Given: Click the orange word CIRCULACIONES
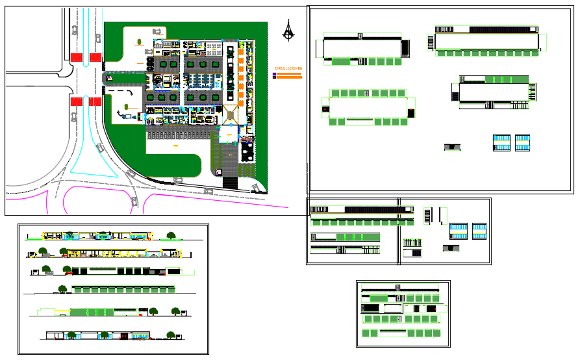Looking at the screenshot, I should point(288,68).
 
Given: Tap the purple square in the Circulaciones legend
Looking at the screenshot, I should point(275,74).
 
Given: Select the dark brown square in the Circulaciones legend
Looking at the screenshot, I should point(275,78).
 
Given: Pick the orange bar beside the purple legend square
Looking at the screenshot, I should point(290,74).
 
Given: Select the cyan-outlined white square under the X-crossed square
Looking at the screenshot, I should point(229,135).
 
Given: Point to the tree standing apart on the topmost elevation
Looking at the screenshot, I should point(171,235).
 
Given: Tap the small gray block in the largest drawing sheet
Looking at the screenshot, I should point(452,148).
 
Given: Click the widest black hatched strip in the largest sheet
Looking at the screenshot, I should point(495,29).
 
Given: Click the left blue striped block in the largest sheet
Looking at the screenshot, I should point(501,143).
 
